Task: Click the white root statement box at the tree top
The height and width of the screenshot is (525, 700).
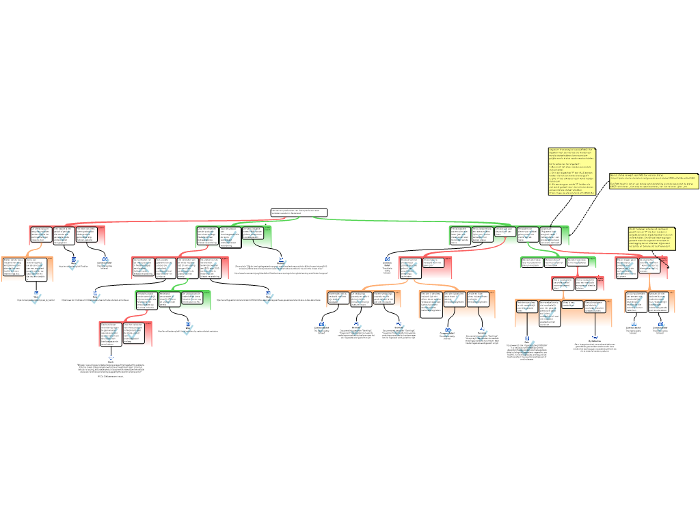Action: coord(299,213)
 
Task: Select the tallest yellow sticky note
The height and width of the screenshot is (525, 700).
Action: coord(571,172)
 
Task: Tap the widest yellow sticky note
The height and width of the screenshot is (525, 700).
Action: coord(644,181)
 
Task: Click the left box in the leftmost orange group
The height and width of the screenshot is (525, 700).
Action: coord(14,269)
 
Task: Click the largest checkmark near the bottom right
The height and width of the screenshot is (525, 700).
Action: coord(527,349)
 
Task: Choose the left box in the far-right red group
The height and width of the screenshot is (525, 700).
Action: coord(627,268)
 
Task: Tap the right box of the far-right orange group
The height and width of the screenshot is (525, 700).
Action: coord(662,301)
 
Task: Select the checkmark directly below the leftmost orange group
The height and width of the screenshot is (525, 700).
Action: coord(36,299)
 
